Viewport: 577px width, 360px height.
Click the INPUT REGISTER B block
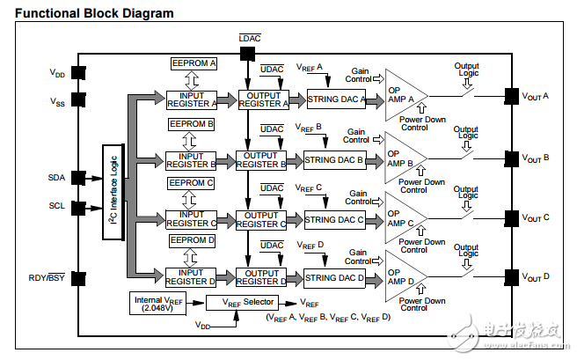191,159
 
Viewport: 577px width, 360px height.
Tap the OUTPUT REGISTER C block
261,219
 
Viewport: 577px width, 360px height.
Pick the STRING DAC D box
334,278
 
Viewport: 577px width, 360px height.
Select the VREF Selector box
236,303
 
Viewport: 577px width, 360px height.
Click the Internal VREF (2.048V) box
159,303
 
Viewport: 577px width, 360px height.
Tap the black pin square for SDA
78,178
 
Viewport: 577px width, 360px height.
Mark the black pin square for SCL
78,208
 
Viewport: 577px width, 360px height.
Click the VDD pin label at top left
57,74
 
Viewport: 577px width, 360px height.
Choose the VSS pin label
57,102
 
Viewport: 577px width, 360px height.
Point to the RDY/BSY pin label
46,279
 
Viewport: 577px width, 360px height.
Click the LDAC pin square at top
246,55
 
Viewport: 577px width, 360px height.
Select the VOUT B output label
536,158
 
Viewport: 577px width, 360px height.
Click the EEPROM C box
192,182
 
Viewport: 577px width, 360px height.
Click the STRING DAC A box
334,99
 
